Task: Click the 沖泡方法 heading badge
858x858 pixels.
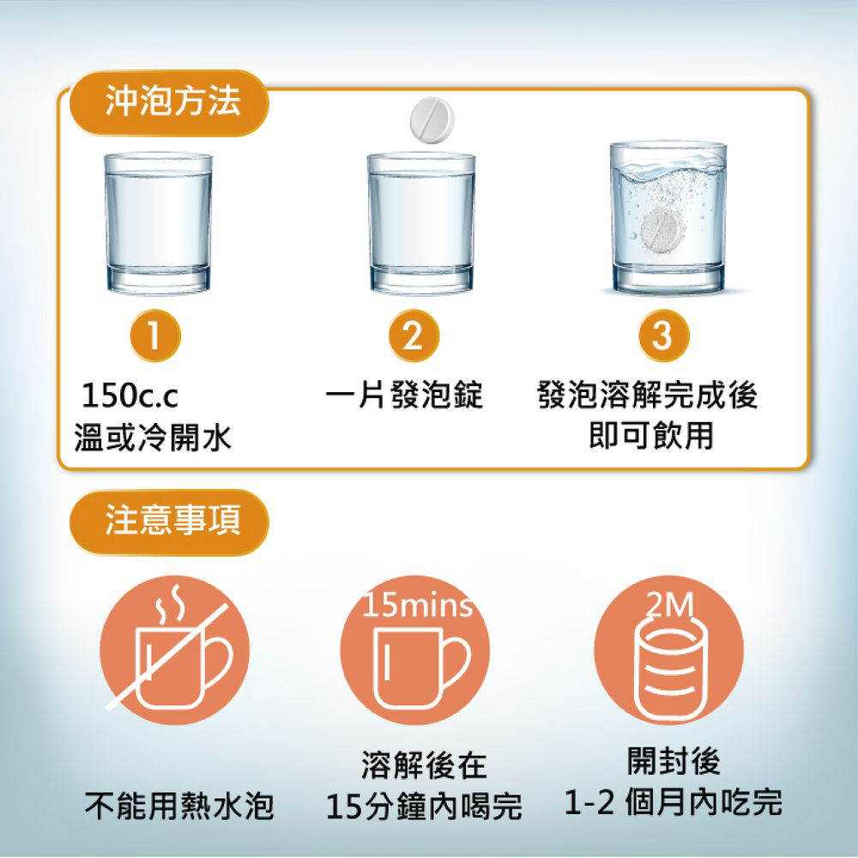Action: tap(169, 102)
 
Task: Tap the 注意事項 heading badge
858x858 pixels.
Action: tap(169, 522)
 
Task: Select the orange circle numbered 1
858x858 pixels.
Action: tap(155, 335)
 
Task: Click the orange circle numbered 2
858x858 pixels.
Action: tap(414, 335)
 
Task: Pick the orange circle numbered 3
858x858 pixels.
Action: tap(663, 335)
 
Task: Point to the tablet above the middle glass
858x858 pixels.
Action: tap(432, 120)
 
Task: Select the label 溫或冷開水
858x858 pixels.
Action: tap(153, 438)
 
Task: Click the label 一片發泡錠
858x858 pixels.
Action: tap(404, 394)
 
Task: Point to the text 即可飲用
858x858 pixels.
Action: tap(651, 435)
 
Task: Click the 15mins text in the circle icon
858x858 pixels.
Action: tap(417, 607)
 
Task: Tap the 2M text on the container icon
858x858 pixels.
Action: tap(669, 605)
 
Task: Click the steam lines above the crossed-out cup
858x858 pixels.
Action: tap(169, 605)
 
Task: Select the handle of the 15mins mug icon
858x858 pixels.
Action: tap(456, 661)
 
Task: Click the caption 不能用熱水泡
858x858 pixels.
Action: tap(179, 806)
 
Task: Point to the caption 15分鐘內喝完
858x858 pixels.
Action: tap(424, 807)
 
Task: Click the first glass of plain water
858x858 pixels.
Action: tap(158, 223)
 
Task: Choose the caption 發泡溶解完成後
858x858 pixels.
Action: tap(648, 394)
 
